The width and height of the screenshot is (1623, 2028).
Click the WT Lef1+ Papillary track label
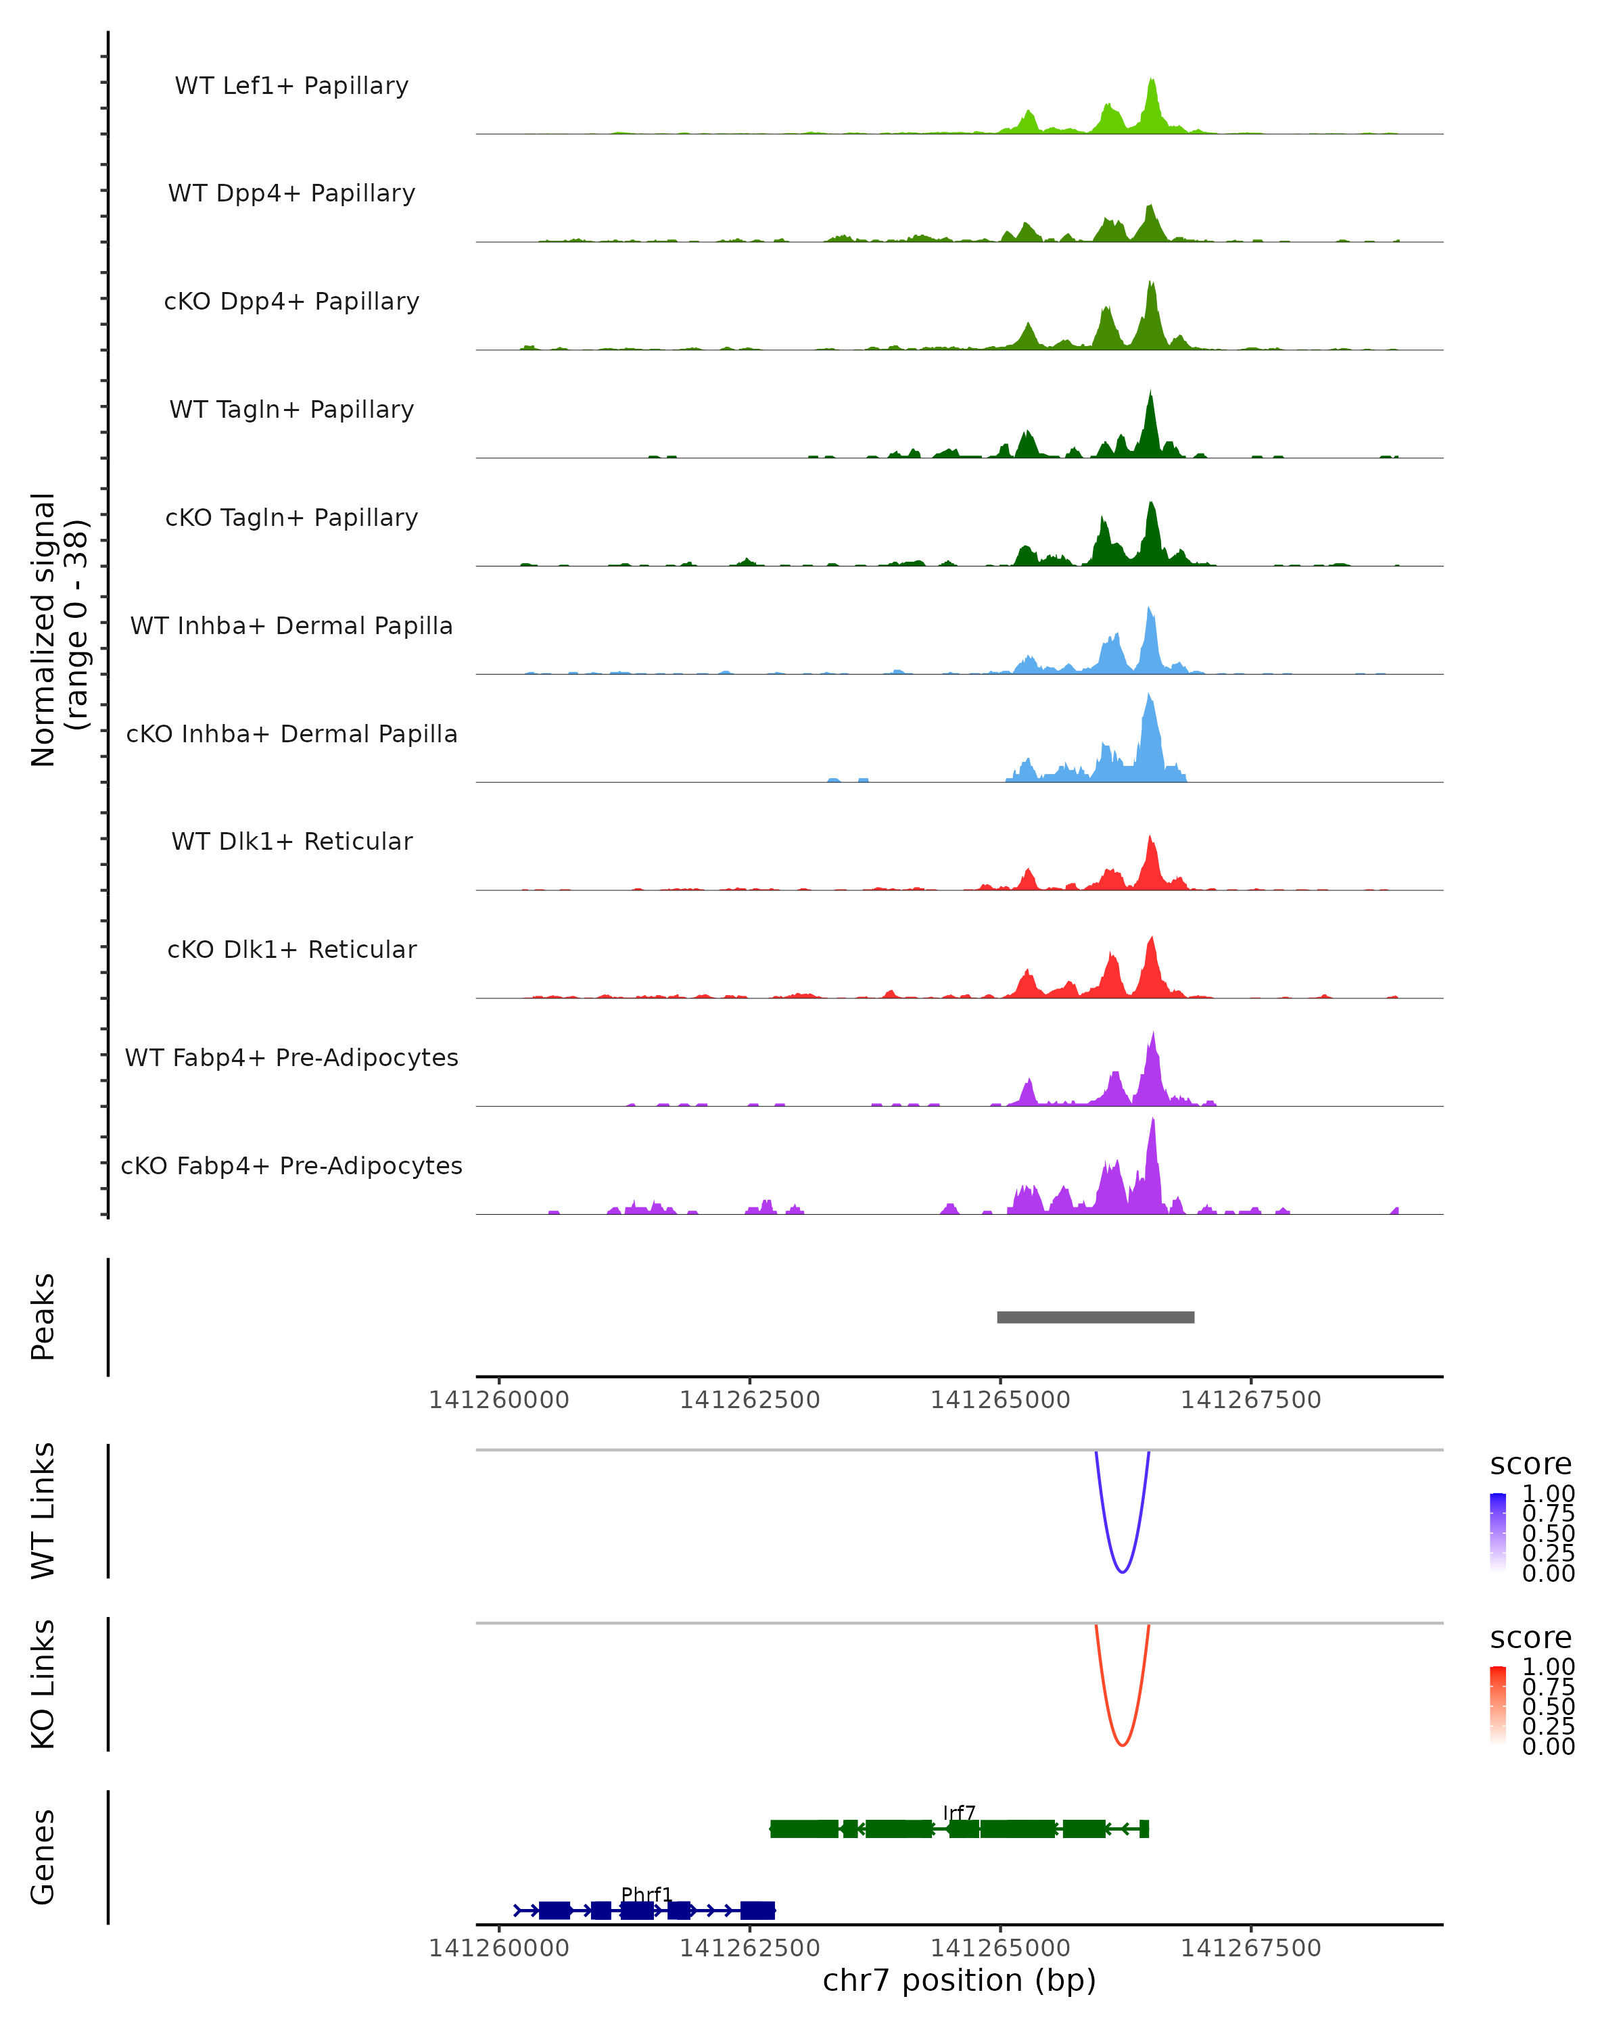291,86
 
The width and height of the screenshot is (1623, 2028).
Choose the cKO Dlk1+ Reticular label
291,949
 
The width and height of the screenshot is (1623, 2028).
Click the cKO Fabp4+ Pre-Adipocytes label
291,1165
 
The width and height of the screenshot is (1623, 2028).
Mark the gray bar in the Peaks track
1095,1317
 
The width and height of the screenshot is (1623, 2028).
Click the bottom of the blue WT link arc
1121,1571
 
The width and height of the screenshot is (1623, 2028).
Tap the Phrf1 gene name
646,1894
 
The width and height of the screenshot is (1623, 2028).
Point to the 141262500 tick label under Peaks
750,1400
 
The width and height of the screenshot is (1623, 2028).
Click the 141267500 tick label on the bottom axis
1250,1948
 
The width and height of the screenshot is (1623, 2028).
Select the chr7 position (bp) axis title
959,1980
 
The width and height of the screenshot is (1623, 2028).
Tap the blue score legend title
1530,1465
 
